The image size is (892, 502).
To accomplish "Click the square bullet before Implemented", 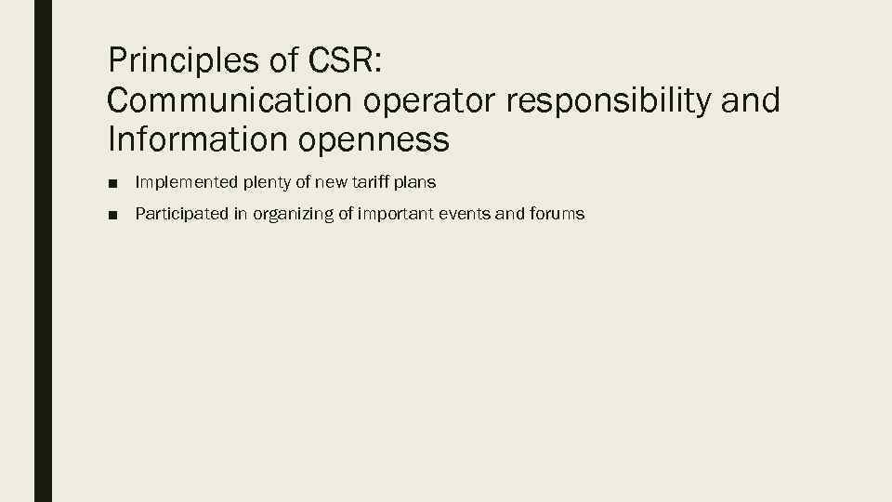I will pos(112,184).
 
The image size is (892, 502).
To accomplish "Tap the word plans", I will pos(415,184).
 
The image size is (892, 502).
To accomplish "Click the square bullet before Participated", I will pos(112,215).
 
